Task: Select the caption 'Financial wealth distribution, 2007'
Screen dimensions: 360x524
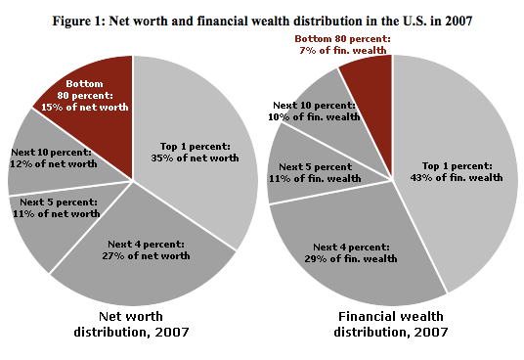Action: tap(391, 324)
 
